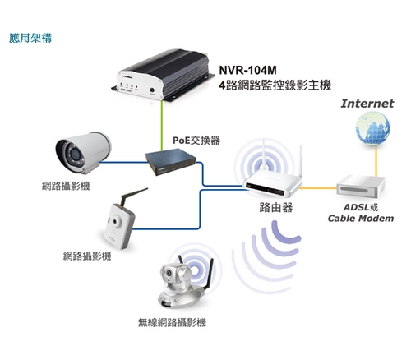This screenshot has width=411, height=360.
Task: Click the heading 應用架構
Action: click(x=30, y=38)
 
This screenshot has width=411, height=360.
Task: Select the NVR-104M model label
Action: click(x=247, y=70)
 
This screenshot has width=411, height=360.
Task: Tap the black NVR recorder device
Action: click(x=163, y=74)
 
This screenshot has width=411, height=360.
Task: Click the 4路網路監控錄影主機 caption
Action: click(x=275, y=85)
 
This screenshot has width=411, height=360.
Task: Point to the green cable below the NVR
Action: click(x=163, y=126)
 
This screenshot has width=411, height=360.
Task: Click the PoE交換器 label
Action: click(x=196, y=141)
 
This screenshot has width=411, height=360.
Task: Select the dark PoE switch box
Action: click(x=170, y=162)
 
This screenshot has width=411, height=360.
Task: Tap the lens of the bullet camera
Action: click(x=74, y=155)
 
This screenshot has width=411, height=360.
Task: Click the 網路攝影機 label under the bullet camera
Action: click(x=66, y=186)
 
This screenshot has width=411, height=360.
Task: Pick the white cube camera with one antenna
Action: click(x=122, y=222)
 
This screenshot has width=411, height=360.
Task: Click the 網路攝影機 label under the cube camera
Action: click(x=87, y=256)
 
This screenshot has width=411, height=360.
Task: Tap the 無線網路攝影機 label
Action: click(x=172, y=322)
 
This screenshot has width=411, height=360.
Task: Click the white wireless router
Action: click(x=273, y=181)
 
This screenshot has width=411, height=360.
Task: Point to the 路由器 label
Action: click(x=276, y=207)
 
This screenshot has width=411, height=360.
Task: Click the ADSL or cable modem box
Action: click(x=361, y=187)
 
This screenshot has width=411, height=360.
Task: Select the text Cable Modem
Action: click(x=361, y=219)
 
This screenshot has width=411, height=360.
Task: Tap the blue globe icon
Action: click(x=372, y=128)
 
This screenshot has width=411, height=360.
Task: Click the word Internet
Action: click(x=367, y=104)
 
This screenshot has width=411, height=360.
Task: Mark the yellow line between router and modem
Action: click(x=318, y=188)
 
